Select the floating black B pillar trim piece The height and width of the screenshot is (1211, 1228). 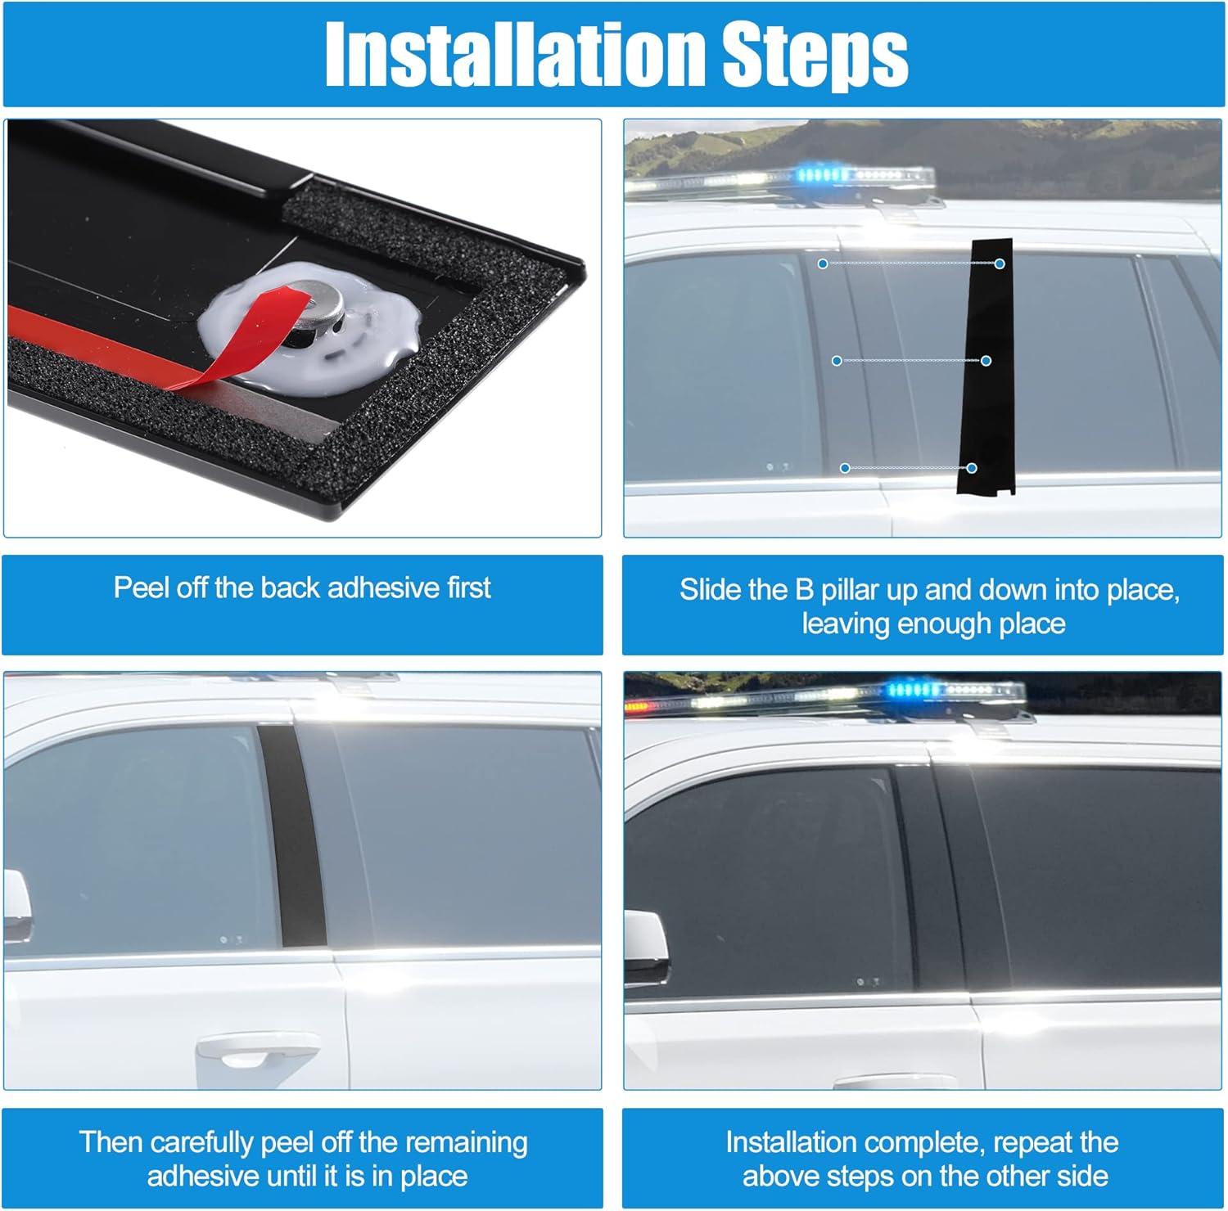pyautogui.click(x=986, y=368)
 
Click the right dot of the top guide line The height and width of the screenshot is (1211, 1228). pyautogui.click(x=999, y=263)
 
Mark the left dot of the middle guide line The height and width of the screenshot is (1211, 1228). pyautogui.click(x=837, y=361)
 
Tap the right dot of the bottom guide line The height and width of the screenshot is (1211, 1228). pyautogui.click(x=972, y=468)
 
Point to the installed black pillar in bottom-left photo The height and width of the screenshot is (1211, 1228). pyautogui.click(x=292, y=835)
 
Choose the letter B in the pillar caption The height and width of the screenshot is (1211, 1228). pyautogui.click(x=804, y=590)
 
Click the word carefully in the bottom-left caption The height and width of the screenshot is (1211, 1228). pyautogui.click(x=202, y=1142)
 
